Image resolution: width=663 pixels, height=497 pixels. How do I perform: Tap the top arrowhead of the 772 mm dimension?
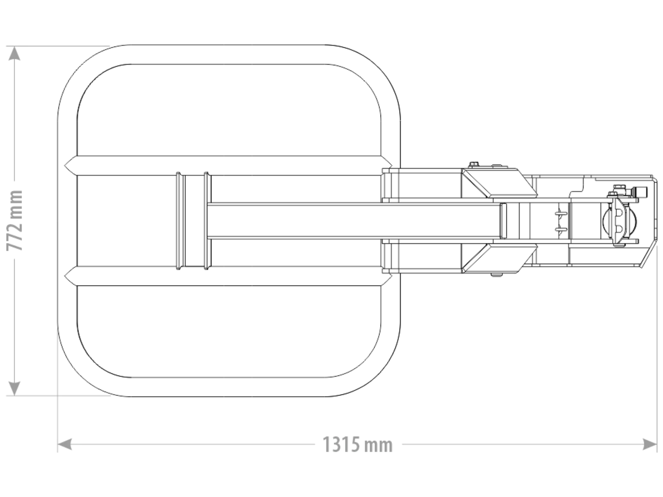14,54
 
